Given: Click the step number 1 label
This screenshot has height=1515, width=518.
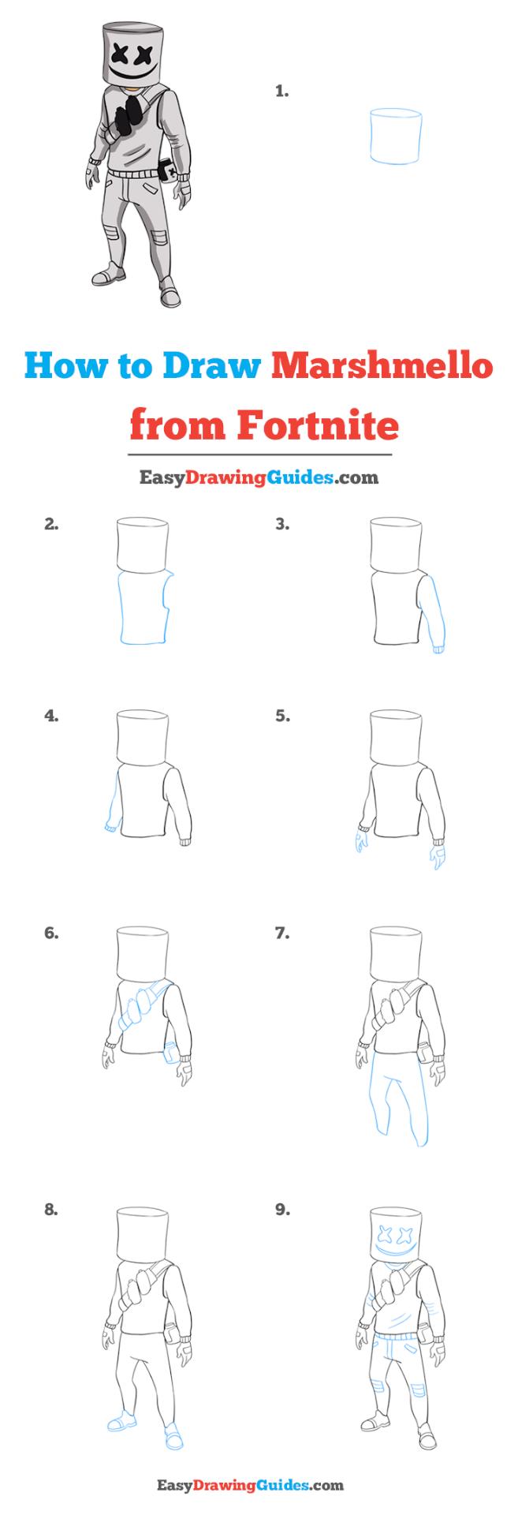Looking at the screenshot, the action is [x=281, y=92].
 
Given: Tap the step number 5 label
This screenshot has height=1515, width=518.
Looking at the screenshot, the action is [x=282, y=716].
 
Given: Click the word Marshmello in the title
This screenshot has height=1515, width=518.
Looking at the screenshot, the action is [x=383, y=367].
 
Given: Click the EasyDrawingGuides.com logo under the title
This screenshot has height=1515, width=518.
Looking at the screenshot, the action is [x=259, y=477].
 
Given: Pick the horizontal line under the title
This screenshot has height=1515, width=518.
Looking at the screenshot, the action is [x=259, y=455].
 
